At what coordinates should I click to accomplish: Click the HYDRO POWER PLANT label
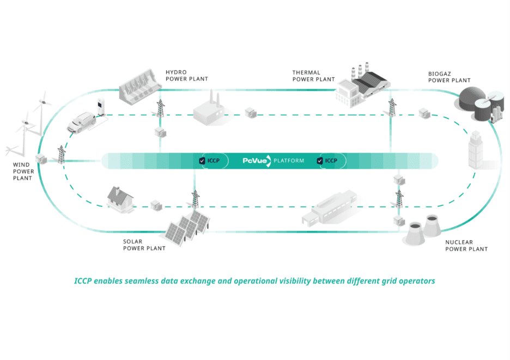click(x=186, y=75)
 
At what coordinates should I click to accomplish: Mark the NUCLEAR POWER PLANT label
click(x=466, y=246)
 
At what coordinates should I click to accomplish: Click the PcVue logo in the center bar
click(x=256, y=161)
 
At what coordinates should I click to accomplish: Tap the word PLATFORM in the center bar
click(x=289, y=161)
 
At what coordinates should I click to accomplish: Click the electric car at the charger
click(x=81, y=121)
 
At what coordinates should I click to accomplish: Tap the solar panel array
click(x=187, y=226)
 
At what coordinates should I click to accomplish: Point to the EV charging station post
click(x=100, y=107)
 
